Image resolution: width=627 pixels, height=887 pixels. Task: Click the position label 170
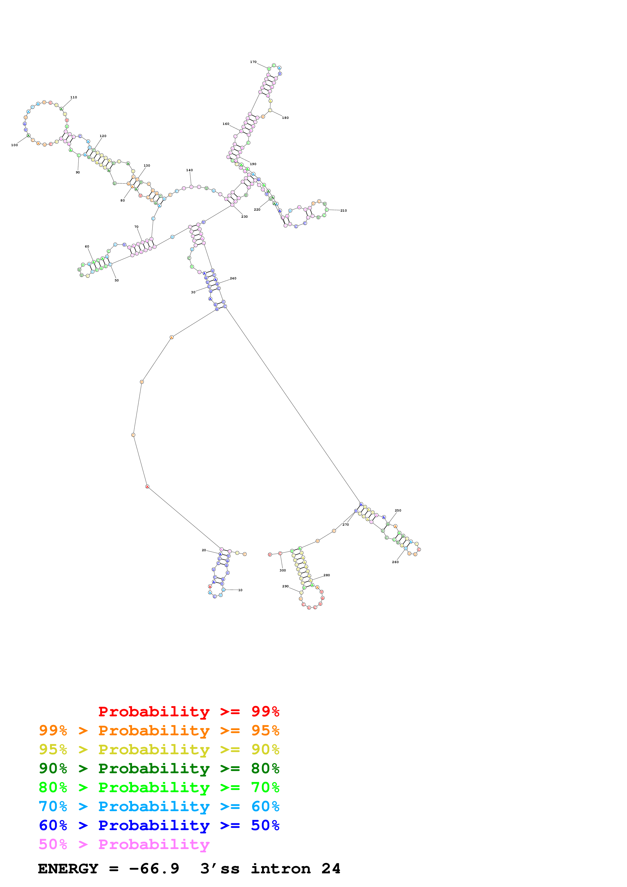pos(253,62)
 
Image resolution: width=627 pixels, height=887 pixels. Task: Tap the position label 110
pos(73,97)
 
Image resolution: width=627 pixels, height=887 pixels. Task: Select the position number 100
pos(14,145)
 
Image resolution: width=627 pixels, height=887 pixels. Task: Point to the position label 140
pos(189,170)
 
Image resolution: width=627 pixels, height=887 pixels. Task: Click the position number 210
pos(343,211)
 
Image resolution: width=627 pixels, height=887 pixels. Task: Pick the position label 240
pos(233,278)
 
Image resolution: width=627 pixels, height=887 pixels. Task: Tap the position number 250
pos(398,510)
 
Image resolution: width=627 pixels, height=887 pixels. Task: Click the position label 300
pos(283,570)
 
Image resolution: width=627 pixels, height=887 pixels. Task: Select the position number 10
pos(240,590)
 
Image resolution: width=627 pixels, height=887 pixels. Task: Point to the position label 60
pos(87,247)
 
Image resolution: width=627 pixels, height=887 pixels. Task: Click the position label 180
pos(285,118)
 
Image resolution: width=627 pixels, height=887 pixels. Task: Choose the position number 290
pos(286,586)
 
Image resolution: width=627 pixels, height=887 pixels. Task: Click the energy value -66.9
pos(154,869)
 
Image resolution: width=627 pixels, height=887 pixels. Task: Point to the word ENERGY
pos(68,869)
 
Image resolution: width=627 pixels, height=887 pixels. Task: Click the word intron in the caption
pos(281,869)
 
